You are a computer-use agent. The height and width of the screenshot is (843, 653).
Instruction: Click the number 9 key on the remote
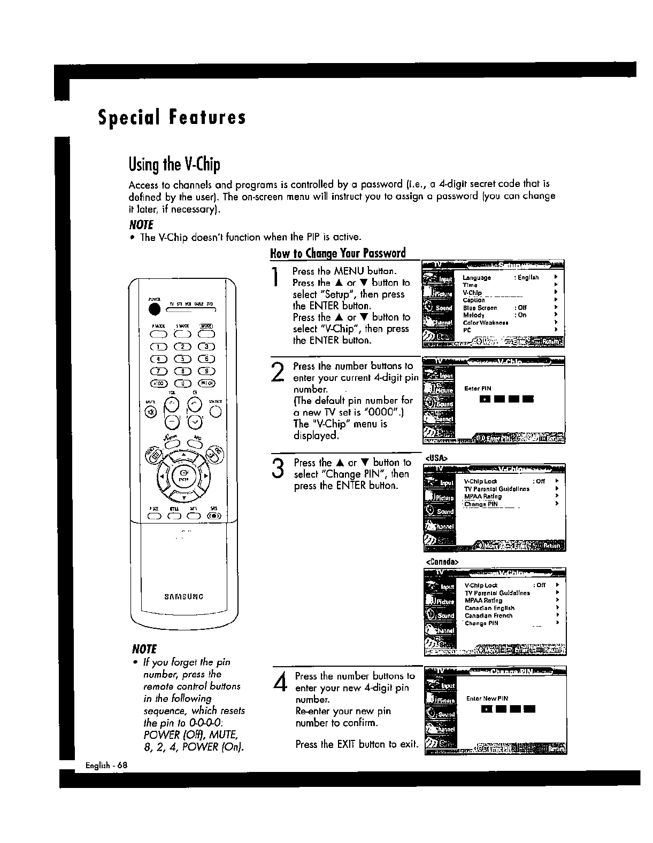click(206, 371)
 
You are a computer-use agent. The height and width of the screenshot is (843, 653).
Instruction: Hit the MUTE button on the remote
click(150, 411)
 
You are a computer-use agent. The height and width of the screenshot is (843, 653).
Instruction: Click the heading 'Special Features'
click(172, 117)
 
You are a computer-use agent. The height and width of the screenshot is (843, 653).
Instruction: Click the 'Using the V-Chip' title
click(174, 165)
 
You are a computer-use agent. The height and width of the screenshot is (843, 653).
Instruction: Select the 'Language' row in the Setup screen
click(477, 278)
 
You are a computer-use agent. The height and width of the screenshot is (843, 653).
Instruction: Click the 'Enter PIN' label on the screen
click(478, 388)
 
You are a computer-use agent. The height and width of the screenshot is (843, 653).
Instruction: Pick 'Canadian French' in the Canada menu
click(488, 615)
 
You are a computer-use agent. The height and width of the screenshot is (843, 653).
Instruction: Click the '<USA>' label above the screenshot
click(436, 458)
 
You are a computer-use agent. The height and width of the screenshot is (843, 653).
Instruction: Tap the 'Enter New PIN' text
click(487, 698)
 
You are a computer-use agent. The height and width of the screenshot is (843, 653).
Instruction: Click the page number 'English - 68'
click(107, 765)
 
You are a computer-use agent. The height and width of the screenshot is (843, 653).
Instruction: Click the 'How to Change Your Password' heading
click(337, 253)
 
